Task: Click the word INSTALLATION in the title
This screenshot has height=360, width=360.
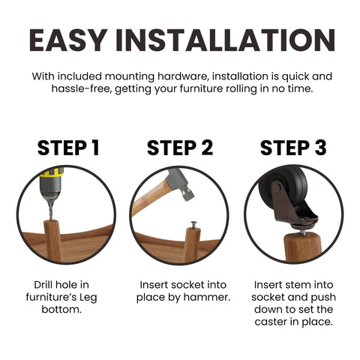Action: click(225, 40)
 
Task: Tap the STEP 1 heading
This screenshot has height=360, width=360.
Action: click(68, 148)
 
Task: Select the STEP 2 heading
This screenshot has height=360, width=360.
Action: click(180, 148)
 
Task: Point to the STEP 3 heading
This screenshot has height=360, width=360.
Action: click(293, 148)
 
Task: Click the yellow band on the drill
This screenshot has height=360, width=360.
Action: click(52, 172)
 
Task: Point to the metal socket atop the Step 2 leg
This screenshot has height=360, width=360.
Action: click(193, 225)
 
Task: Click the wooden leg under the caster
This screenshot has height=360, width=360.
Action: click(302, 247)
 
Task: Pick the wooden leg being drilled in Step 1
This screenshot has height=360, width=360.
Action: click(53, 241)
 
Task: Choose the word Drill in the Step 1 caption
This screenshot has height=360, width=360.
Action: click(43, 285)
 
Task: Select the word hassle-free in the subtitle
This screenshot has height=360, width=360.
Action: click(81, 88)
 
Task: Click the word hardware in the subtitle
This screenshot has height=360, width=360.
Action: click(183, 76)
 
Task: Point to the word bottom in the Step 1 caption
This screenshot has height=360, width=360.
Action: click(61, 310)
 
